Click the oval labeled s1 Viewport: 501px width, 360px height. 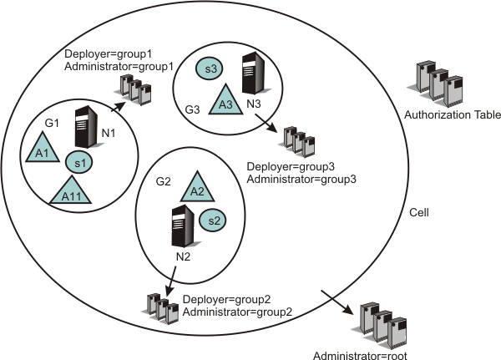point(78,161)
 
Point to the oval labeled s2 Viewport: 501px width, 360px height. point(211,221)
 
